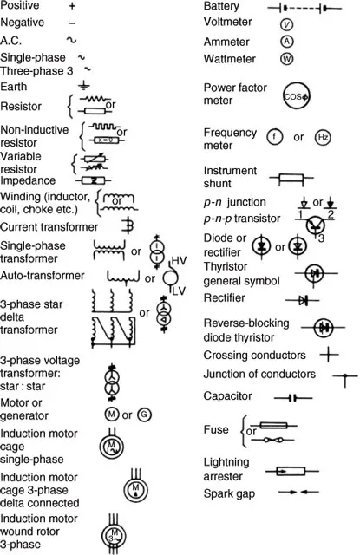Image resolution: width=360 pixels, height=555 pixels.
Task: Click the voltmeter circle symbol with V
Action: pos(286,24)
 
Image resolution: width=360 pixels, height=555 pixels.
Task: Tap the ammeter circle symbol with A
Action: pos(287,42)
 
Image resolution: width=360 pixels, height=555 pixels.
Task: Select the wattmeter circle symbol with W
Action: pos(287,59)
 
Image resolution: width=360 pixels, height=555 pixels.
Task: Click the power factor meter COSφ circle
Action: pos(297,96)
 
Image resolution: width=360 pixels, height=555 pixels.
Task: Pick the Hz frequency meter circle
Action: pos(323,137)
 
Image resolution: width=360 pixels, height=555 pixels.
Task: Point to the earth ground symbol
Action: pos(83,86)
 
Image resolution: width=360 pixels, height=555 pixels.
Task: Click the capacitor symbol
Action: pos(292,398)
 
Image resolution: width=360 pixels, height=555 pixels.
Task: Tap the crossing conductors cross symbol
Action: pos(329,354)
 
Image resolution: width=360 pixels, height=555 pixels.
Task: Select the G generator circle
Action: pos(144,415)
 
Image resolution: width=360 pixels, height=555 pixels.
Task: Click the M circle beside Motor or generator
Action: pos(111,414)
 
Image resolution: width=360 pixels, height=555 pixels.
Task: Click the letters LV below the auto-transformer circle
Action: pos(179,291)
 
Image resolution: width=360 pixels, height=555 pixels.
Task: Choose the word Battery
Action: pos(221,6)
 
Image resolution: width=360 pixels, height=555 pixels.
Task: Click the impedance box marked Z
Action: pos(94,180)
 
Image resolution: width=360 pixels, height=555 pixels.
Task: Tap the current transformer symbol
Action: pos(128,225)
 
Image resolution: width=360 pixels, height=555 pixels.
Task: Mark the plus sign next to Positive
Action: pos(72,6)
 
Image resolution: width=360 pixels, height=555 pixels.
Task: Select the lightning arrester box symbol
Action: pos(291,471)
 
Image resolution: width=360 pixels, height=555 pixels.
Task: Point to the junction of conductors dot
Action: pos(345,375)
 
